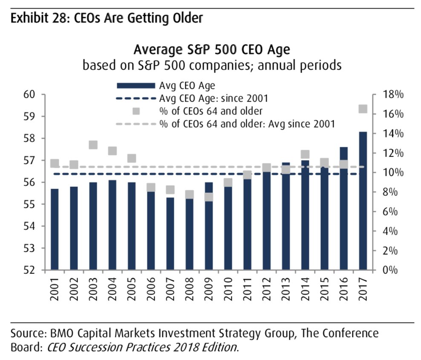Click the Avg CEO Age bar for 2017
coord(363,200)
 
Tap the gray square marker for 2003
coord(93,145)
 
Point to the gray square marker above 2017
coord(363,109)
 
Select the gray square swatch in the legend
coord(136,111)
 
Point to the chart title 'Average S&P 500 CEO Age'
coord(212,50)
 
